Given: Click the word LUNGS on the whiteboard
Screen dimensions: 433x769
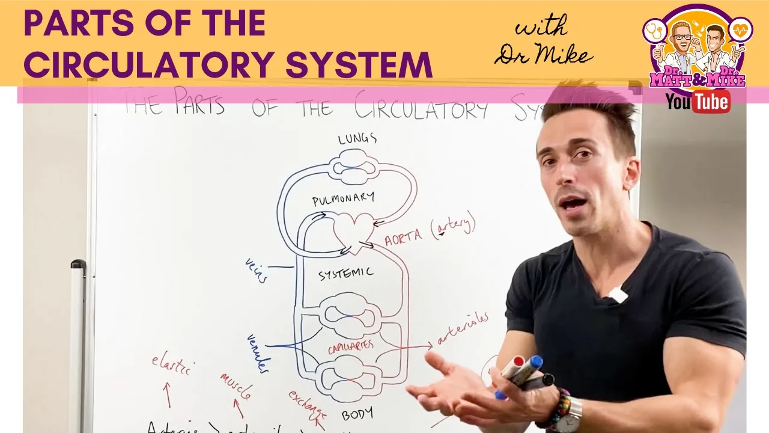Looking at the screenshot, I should pyautogui.click(x=357, y=139).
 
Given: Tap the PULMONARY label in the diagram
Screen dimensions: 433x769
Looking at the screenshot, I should pyautogui.click(x=343, y=199).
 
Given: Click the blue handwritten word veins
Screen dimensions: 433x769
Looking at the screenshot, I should pyautogui.click(x=256, y=270).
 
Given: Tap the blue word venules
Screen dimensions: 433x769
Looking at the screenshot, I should pyautogui.click(x=258, y=353).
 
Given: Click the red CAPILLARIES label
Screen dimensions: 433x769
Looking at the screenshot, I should pyautogui.click(x=350, y=347).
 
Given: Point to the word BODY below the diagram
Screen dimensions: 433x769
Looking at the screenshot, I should pyautogui.click(x=357, y=414).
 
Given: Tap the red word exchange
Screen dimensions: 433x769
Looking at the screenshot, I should pyautogui.click(x=308, y=406).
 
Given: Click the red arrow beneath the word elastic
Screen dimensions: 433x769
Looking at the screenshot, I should pyautogui.click(x=168, y=395).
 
